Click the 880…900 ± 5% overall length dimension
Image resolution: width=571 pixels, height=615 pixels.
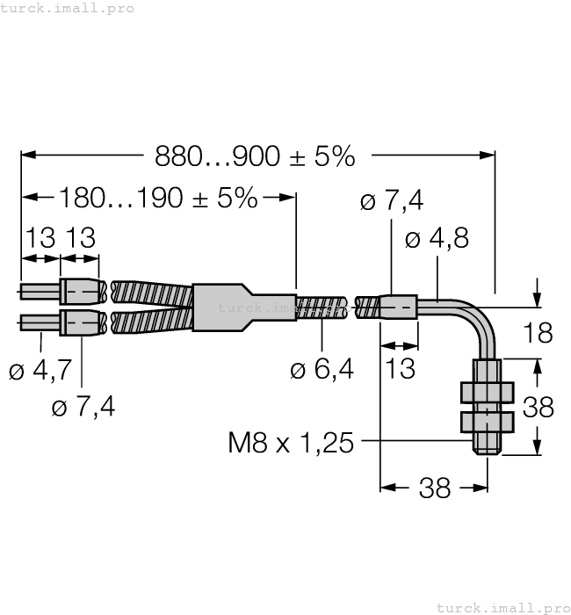click(255, 156)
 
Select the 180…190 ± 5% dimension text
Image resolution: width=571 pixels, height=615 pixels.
click(158, 198)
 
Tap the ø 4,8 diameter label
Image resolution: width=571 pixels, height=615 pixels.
click(437, 239)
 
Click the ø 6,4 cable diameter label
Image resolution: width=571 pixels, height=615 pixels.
click(322, 370)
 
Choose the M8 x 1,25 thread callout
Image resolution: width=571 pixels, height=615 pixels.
click(290, 442)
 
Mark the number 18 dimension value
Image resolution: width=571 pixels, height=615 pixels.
click(538, 333)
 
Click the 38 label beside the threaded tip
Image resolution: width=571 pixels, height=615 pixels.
click(538, 407)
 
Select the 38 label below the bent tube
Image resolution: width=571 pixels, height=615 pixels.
click(434, 488)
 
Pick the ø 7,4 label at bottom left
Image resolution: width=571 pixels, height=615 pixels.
click(83, 407)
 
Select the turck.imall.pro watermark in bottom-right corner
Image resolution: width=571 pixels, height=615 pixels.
click(502, 607)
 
